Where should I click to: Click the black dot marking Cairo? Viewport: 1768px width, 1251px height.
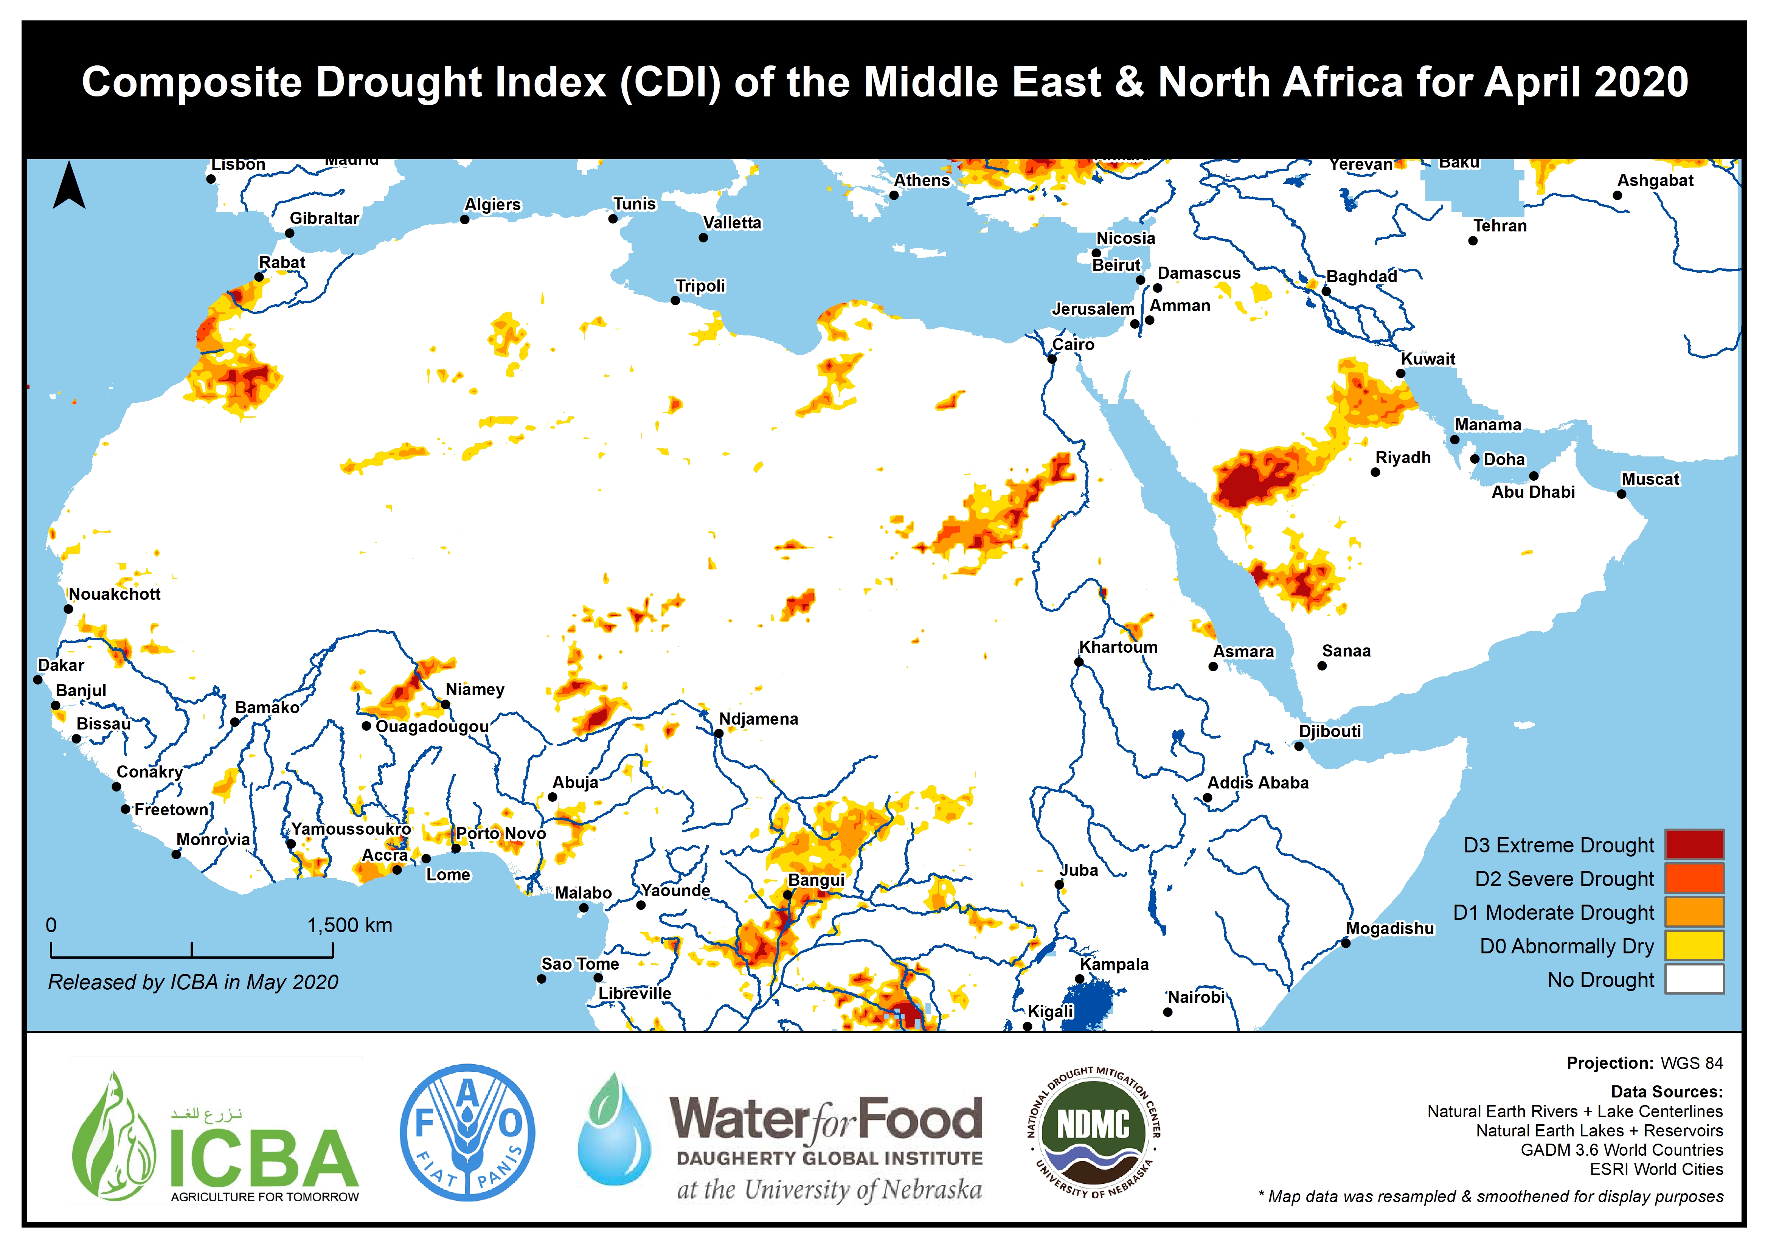1052,359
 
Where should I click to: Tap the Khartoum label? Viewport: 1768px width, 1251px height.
1118,647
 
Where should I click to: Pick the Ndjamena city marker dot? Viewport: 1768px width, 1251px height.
718,733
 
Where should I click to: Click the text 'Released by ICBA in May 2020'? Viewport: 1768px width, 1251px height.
192,982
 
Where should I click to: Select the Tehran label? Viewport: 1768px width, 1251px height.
1499,226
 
